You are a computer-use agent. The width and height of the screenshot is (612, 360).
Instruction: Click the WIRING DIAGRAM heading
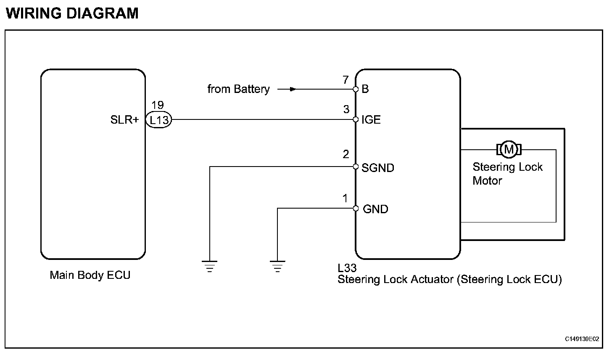(72, 13)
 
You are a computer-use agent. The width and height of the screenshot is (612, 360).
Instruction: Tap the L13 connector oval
(159, 120)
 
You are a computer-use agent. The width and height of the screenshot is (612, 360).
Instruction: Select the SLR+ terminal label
(124, 120)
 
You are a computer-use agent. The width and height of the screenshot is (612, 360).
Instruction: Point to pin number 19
(158, 106)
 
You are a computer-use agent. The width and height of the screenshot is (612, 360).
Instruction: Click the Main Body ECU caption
(90, 275)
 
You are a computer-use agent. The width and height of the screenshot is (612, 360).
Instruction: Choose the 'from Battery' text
(238, 89)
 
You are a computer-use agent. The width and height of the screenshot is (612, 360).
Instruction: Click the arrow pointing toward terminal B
(288, 89)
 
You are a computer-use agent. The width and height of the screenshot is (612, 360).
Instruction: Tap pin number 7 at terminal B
(346, 80)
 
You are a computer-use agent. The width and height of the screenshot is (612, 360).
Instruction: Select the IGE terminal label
(371, 120)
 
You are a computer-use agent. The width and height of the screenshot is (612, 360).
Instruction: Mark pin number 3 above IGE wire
(346, 110)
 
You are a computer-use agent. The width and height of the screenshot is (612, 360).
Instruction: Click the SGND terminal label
(378, 168)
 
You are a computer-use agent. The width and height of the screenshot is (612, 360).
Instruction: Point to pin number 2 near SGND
(346, 155)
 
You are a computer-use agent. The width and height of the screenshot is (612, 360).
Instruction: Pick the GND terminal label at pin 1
(375, 209)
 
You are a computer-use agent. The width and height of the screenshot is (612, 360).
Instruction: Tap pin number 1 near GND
(346, 199)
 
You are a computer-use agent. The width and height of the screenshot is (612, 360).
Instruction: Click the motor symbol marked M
(509, 149)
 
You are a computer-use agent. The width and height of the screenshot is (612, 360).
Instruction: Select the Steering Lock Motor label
(507, 174)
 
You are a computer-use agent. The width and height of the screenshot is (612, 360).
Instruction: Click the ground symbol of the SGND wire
(209, 266)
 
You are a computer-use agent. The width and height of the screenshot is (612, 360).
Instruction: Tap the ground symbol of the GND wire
(277, 266)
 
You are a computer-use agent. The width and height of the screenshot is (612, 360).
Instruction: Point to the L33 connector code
(347, 268)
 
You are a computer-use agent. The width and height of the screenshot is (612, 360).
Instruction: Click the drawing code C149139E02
(582, 339)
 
